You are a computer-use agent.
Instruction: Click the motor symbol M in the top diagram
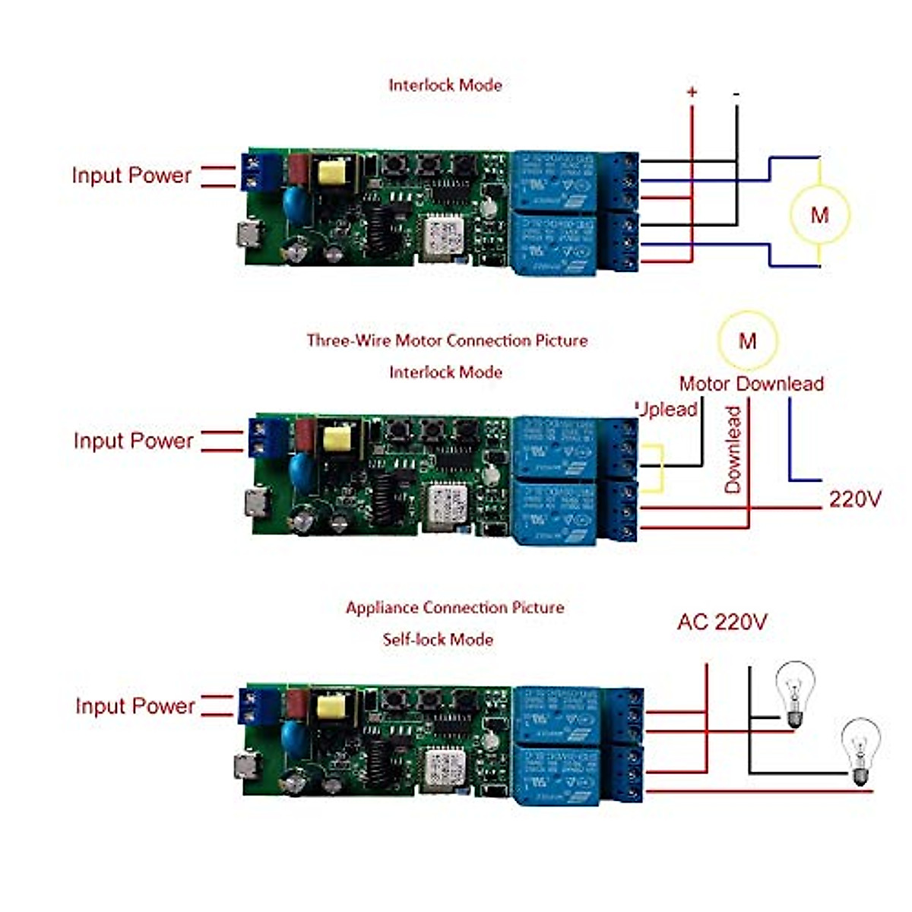(x=819, y=214)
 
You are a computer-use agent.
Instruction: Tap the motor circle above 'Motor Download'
(x=748, y=340)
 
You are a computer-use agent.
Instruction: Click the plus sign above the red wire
(x=692, y=93)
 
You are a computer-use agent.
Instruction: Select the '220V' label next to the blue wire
(x=855, y=499)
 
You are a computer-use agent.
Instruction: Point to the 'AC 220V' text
(x=722, y=622)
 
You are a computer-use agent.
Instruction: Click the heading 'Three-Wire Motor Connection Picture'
(x=447, y=340)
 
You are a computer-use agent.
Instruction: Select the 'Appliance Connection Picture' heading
(x=454, y=608)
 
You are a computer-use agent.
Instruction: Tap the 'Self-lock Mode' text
(x=438, y=639)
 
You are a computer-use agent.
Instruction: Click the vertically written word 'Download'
(x=733, y=449)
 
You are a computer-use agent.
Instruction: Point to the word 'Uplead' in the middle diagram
(x=667, y=410)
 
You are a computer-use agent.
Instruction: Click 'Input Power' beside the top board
(x=131, y=176)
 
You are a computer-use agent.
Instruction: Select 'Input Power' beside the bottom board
(x=135, y=706)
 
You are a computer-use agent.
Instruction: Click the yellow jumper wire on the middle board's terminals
(x=660, y=468)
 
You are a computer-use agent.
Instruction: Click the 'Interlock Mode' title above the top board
(x=445, y=85)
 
